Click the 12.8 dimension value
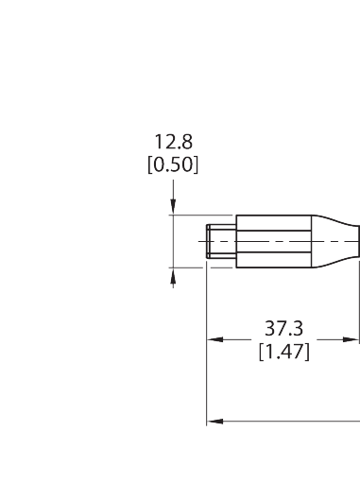(x=173, y=142)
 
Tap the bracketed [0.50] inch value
(x=173, y=164)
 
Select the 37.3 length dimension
(x=283, y=328)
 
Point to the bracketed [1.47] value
(x=284, y=352)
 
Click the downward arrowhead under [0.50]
(x=173, y=205)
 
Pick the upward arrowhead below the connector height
(x=173, y=277)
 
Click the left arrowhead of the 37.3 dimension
(x=215, y=339)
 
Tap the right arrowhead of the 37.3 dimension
(x=351, y=339)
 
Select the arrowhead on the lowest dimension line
(x=215, y=422)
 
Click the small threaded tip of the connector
(x=221, y=241)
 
